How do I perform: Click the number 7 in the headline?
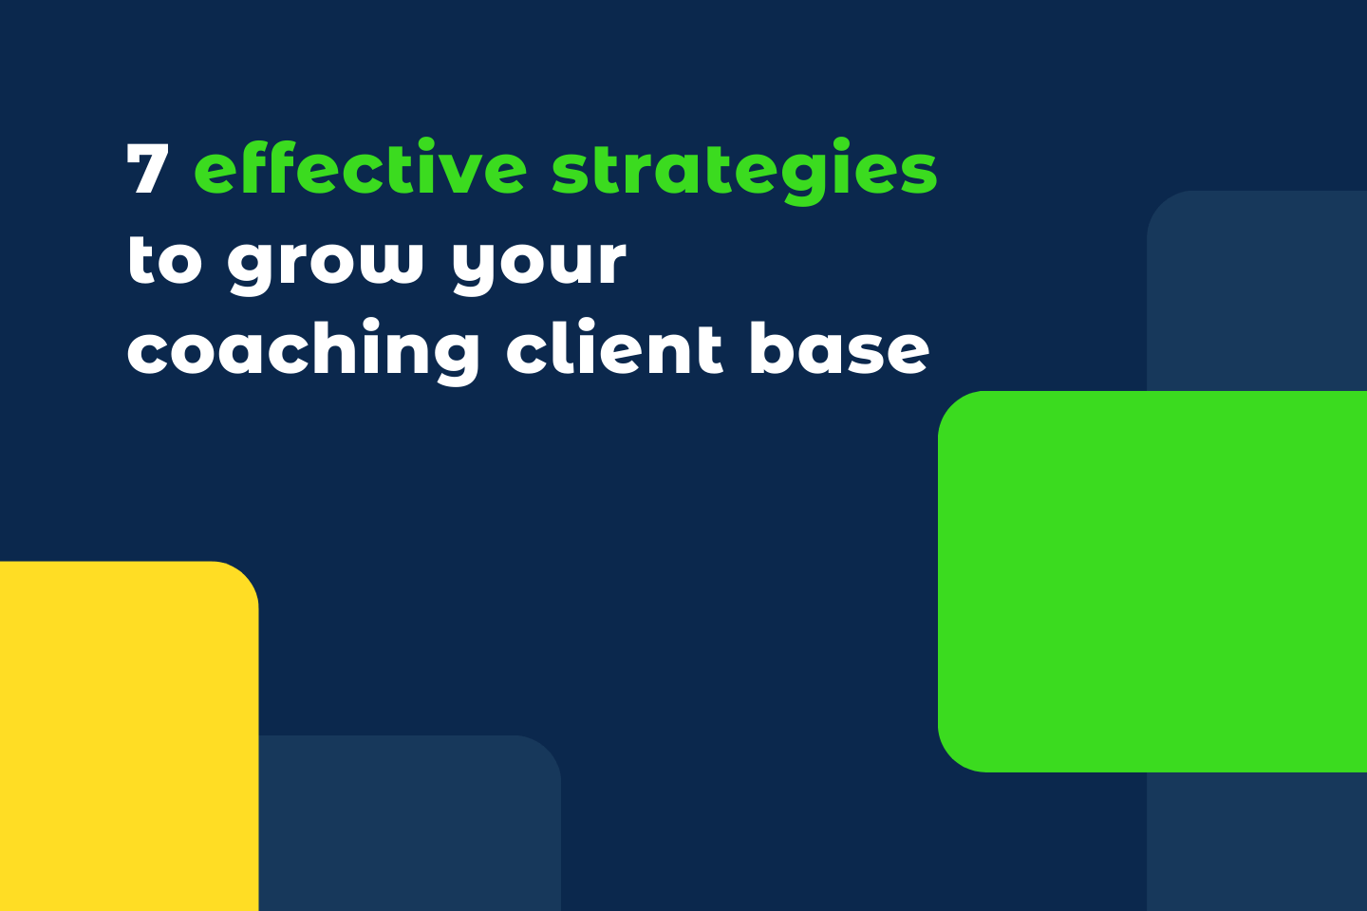coord(147,170)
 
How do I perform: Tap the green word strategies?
coord(744,172)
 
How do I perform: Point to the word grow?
coord(325,262)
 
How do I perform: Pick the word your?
coord(538,262)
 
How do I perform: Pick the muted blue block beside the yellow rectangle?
coord(408,824)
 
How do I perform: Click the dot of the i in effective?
coord(450,143)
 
